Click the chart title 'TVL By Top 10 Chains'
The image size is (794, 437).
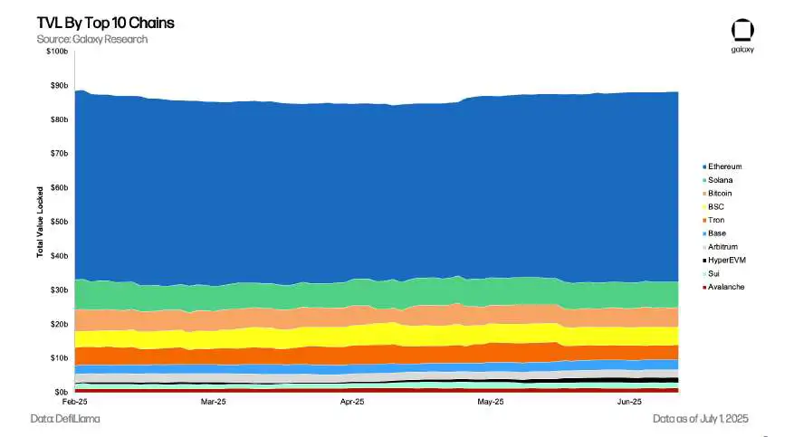click(x=92, y=23)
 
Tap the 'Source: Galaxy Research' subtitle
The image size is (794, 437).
click(x=91, y=39)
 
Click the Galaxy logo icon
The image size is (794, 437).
click(x=742, y=30)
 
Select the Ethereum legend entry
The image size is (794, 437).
click(x=724, y=166)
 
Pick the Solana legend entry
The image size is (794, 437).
click(x=721, y=180)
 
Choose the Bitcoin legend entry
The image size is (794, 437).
click(x=721, y=194)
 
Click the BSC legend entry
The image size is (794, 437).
click(x=716, y=207)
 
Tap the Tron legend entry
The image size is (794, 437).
click(x=716, y=220)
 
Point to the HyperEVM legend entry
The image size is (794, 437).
click(x=726, y=260)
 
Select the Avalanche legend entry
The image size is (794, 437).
click(x=725, y=287)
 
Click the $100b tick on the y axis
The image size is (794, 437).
click(x=57, y=52)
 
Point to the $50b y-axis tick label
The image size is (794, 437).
click(x=59, y=222)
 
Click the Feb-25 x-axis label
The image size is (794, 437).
click(x=74, y=401)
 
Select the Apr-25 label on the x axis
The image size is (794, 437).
click(x=352, y=401)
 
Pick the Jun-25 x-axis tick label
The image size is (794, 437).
click(x=629, y=401)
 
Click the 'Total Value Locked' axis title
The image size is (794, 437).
click(x=41, y=222)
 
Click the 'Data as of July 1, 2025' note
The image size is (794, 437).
click(x=701, y=419)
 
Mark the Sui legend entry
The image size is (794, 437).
click(x=715, y=273)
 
